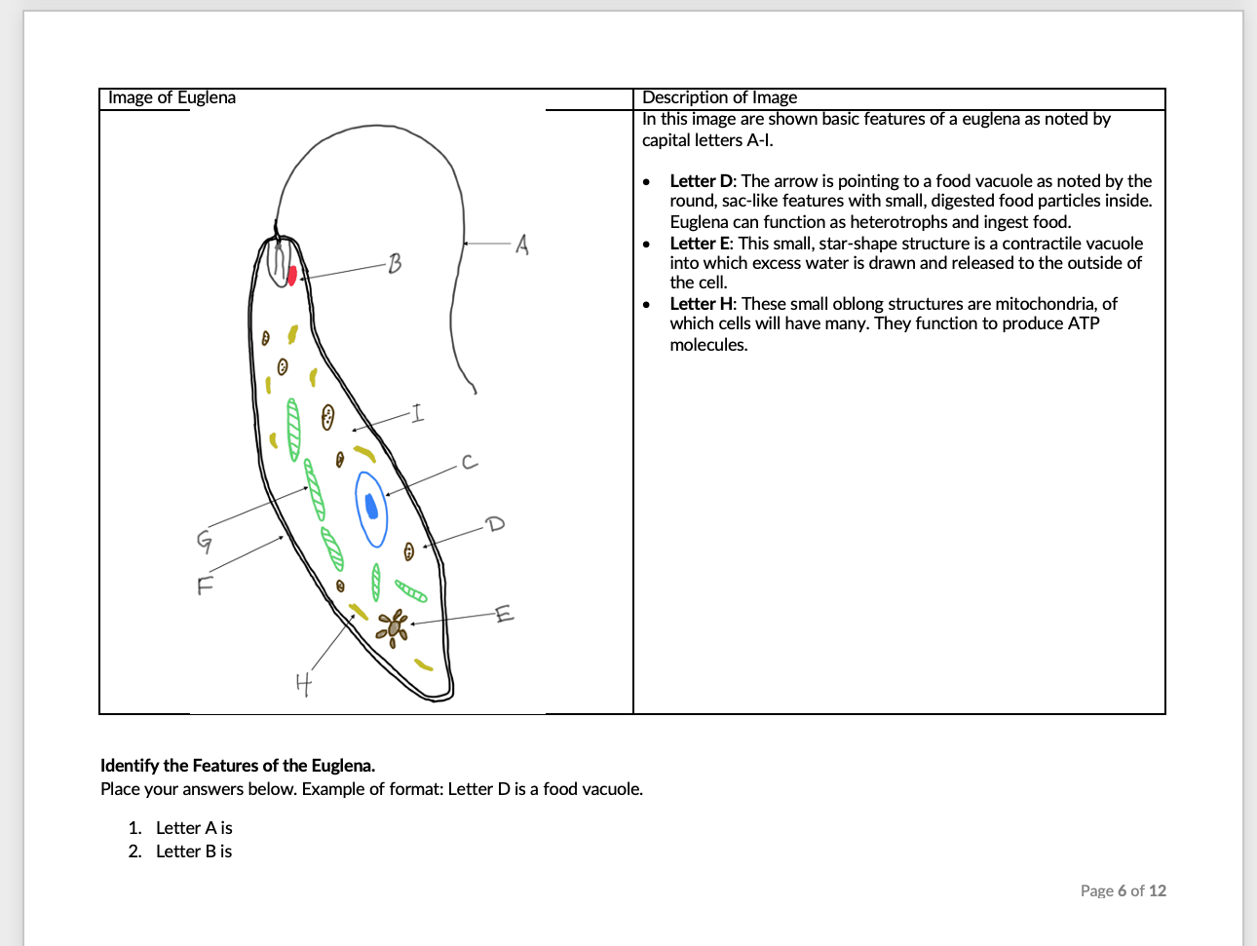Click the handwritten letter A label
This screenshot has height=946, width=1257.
click(522, 245)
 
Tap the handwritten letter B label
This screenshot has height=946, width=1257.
click(394, 263)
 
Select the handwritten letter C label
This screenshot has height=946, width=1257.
click(470, 462)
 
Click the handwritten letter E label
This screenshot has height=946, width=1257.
click(503, 614)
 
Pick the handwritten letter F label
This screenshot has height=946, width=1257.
click(205, 586)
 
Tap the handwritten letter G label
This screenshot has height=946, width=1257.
click(205, 540)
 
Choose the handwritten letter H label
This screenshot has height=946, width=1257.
click(304, 684)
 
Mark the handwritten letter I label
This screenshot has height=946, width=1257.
click(417, 414)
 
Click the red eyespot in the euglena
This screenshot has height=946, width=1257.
click(291, 276)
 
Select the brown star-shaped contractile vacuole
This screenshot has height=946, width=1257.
click(394, 625)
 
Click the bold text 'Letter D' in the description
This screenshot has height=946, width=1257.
click(702, 181)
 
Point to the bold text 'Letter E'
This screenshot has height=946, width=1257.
click(700, 244)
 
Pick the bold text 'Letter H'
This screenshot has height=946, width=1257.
click(702, 304)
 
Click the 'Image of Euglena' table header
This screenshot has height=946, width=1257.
click(171, 97)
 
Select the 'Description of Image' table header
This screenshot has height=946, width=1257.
click(719, 97)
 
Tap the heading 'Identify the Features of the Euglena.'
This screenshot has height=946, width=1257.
click(238, 766)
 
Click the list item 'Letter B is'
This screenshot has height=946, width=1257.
click(194, 851)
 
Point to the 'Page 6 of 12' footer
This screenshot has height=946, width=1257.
click(1123, 890)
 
